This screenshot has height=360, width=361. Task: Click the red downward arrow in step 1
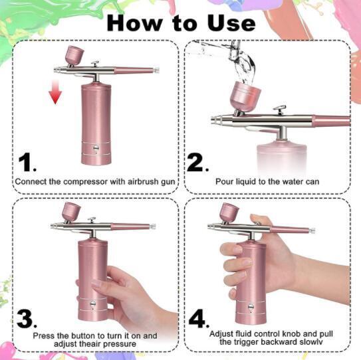click(x=55, y=92)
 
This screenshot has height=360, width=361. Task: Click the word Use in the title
click(x=231, y=23)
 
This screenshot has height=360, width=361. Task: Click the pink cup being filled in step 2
click(x=245, y=97)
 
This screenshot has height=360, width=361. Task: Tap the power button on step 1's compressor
click(x=96, y=147)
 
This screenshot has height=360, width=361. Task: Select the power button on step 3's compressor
click(x=93, y=304)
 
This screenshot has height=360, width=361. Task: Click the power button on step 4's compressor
click(x=251, y=306)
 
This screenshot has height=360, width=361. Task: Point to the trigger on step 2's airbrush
click(x=280, y=110)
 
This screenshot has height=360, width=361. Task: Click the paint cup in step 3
click(x=71, y=212)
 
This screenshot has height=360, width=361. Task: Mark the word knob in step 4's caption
click(x=292, y=334)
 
